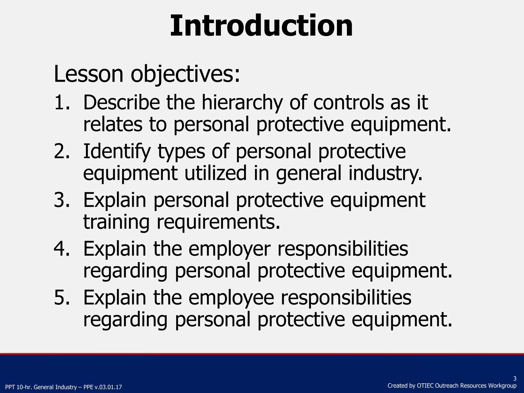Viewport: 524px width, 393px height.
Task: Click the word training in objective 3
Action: click(116, 222)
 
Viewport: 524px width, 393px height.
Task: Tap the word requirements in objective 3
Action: click(218, 222)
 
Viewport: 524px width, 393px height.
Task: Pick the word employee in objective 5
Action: click(231, 298)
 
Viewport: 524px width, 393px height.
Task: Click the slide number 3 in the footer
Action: click(515, 379)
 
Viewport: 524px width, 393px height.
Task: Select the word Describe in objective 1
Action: click(121, 102)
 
